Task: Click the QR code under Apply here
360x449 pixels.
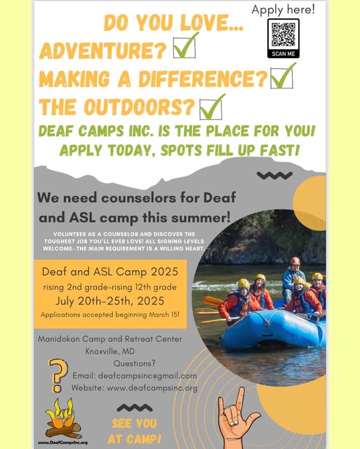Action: click(x=284, y=34)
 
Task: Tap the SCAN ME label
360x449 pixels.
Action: click(x=284, y=53)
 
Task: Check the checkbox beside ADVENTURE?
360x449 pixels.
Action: click(x=185, y=48)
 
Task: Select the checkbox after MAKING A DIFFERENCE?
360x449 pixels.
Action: click(x=282, y=78)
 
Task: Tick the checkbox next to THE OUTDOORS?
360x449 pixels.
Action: click(x=211, y=109)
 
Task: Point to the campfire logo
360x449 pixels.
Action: click(x=62, y=419)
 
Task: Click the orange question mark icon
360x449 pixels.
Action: click(x=58, y=375)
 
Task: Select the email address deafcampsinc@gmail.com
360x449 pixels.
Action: click(x=147, y=376)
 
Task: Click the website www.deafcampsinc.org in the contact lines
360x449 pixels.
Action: click(x=152, y=388)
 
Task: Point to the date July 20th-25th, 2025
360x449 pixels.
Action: click(x=110, y=301)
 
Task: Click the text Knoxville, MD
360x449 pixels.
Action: click(x=110, y=351)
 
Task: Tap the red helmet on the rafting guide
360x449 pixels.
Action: click(x=295, y=261)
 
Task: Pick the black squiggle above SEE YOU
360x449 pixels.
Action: click(x=135, y=408)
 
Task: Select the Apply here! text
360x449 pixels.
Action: click(x=284, y=9)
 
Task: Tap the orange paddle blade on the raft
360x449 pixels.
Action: click(x=213, y=301)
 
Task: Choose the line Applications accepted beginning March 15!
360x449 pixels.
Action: click(x=110, y=315)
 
